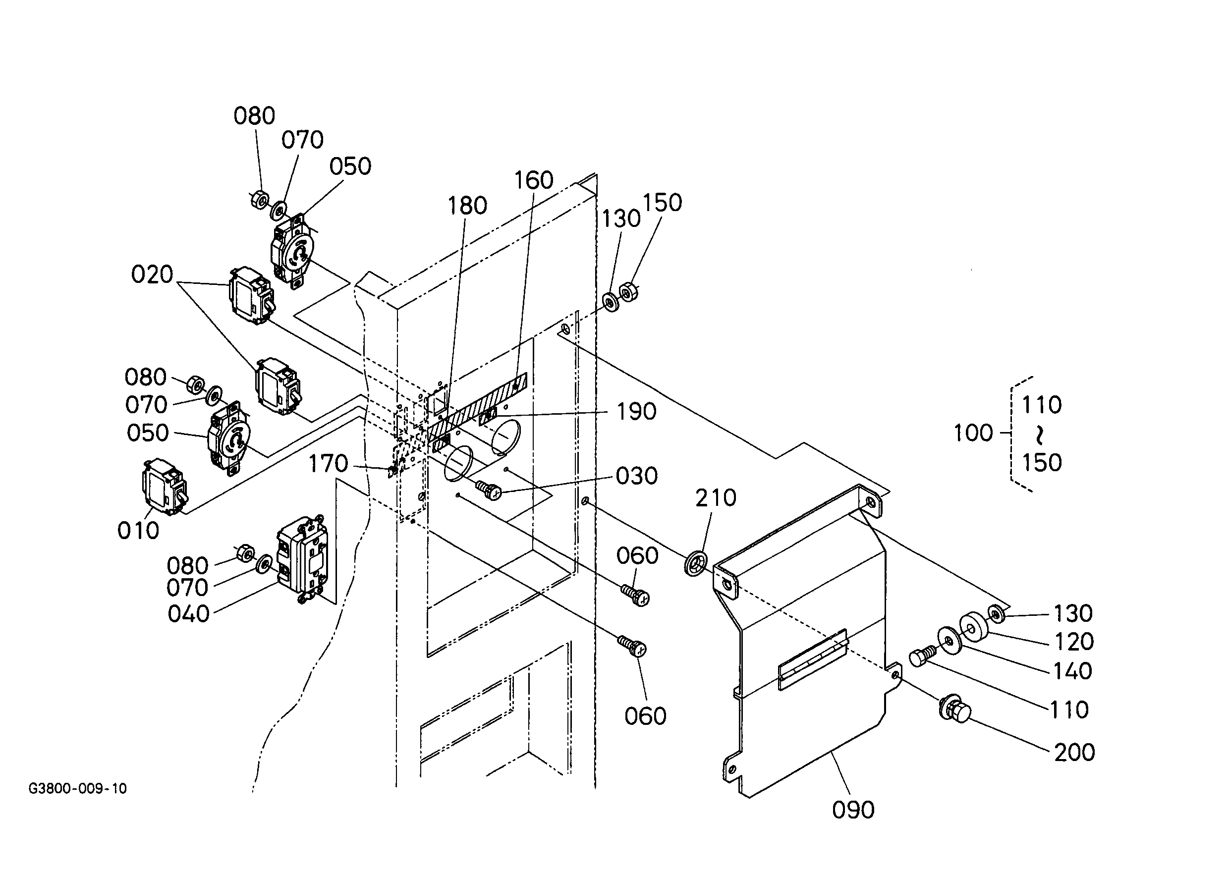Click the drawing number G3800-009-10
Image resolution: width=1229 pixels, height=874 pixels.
pyautogui.click(x=77, y=788)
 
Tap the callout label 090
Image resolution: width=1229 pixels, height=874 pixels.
pyautogui.click(x=853, y=810)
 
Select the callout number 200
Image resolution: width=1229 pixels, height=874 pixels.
pyautogui.click(x=1074, y=753)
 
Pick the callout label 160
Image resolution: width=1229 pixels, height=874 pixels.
pyautogui.click(x=534, y=180)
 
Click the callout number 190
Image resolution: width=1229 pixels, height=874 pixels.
pyautogui.click(x=636, y=412)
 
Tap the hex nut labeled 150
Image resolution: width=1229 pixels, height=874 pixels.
pyautogui.click(x=628, y=292)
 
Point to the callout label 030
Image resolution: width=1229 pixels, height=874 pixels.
pyautogui.click(x=637, y=476)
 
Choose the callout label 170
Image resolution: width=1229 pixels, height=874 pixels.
pyautogui.click(x=329, y=463)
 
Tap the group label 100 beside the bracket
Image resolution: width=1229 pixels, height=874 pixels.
pyautogui.click(x=973, y=433)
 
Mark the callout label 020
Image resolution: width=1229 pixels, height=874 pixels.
pyautogui.click(x=152, y=274)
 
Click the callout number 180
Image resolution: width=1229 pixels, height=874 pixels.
pyautogui.click(x=467, y=206)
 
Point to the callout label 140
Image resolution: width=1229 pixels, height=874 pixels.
pyautogui.click(x=1073, y=671)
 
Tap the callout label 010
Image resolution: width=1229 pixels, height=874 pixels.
pyautogui.click(x=138, y=531)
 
